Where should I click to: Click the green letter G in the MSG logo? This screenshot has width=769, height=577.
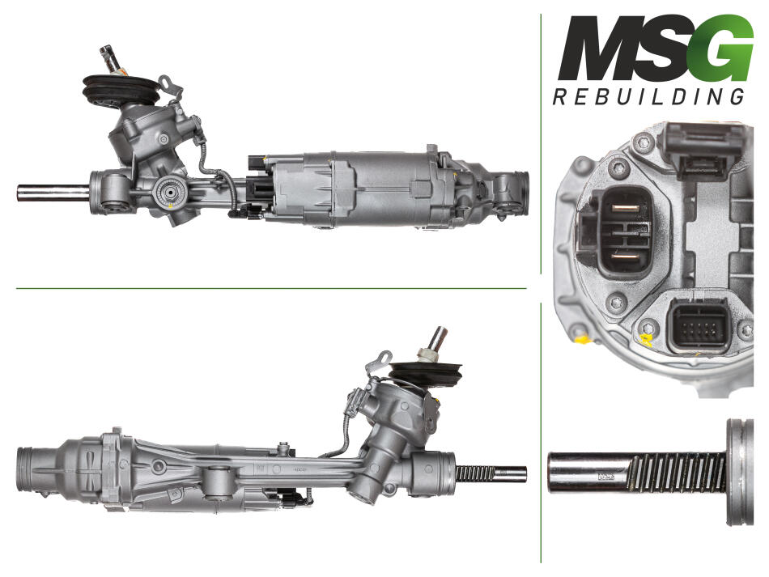click(724, 48)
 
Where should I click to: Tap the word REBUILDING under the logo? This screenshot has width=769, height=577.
click(649, 96)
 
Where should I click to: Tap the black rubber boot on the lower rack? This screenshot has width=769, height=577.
click(426, 372)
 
